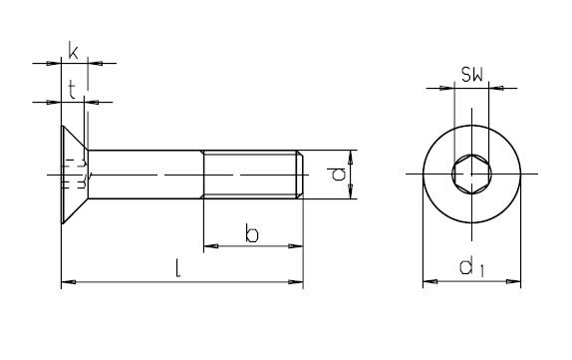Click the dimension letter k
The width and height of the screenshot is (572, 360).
coord(73,51)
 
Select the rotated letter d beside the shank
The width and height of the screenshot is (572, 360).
coord(339,175)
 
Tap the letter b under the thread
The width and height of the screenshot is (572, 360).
coord(252,234)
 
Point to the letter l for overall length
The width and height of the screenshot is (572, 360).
coord(177,268)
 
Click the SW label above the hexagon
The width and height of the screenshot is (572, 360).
coord(471,74)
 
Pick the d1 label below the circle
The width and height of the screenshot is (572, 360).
coord(471,267)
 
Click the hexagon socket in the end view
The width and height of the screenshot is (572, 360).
coord(471,174)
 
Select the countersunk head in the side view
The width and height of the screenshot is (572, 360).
coord(75,175)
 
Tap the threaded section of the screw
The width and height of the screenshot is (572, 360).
coord(253,175)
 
